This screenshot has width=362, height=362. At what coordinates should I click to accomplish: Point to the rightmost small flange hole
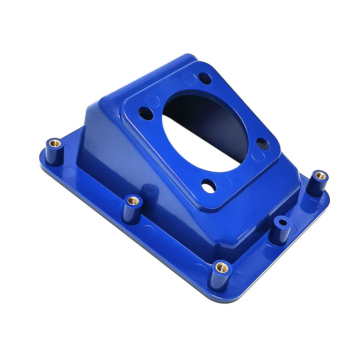263,143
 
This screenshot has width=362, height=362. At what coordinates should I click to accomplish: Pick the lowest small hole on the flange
209,186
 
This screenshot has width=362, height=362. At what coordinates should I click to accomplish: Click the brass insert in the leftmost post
56,143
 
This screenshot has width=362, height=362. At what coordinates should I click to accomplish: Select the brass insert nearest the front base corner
222,266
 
